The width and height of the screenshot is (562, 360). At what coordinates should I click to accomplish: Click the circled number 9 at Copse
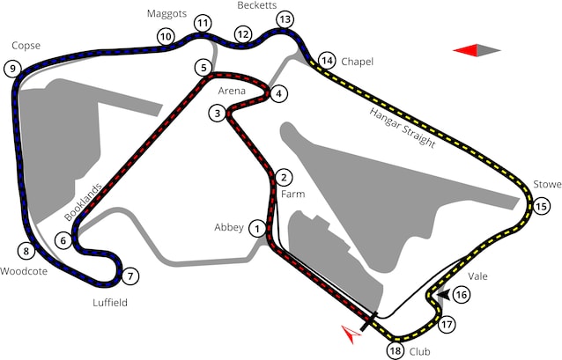(x=13, y=68)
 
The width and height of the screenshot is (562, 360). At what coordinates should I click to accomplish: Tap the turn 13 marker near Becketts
(x=285, y=19)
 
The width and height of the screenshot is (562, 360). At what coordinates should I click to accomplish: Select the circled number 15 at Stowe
(x=541, y=206)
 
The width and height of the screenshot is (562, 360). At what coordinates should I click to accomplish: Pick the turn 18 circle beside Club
(x=396, y=351)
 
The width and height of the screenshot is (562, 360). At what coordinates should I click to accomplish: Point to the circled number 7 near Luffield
(x=130, y=276)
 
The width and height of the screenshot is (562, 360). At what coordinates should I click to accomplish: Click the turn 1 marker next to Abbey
(x=257, y=228)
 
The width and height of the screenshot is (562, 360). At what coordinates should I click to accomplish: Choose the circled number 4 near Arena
(x=279, y=94)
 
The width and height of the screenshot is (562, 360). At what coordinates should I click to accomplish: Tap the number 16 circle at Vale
(x=462, y=295)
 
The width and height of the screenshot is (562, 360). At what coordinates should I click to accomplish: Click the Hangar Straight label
(x=403, y=128)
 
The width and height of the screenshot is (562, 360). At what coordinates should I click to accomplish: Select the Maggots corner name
(x=167, y=13)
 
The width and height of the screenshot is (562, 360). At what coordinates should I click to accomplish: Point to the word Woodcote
(x=24, y=271)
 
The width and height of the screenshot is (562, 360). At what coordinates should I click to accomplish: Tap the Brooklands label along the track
(x=83, y=202)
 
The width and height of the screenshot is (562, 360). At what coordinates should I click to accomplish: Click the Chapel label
(x=357, y=62)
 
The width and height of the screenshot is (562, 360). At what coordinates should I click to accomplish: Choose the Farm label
(x=292, y=195)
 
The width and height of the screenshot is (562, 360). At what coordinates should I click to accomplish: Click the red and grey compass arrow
(x=477, y=50)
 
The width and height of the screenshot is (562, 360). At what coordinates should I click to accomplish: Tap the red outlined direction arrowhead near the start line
(x=351, y=334)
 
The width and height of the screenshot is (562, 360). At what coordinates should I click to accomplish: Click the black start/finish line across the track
(x=369, y=321)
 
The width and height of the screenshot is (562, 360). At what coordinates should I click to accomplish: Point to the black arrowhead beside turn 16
(x=445, y=295)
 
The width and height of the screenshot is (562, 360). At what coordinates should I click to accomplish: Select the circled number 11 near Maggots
(x=203, y=24)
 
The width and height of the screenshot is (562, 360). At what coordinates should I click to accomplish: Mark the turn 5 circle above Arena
(x=203, y=68)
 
